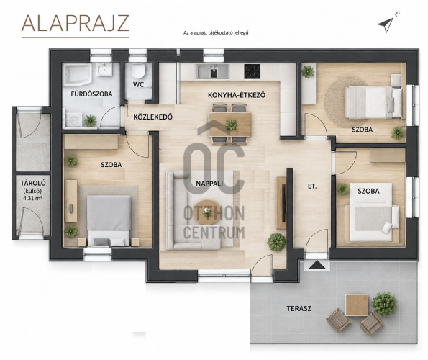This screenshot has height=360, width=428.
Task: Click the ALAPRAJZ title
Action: coord(75,23)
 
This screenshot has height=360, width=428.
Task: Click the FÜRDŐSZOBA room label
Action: coord(91,94)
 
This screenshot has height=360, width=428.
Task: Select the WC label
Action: coord(138,85)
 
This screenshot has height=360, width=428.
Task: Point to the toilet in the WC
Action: coord(138,71)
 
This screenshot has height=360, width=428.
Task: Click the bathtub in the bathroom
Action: coord(77,73)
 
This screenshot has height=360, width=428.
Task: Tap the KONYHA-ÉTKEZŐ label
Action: coord(237,95)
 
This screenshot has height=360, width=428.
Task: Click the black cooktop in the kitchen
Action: coord(252,71)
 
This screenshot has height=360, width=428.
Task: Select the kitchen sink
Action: coord(213,71)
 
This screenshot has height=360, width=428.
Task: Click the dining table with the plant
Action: coord(230,125)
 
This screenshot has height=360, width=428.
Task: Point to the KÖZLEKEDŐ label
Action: coord(152,117)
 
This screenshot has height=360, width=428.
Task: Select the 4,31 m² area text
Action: coord(33,199)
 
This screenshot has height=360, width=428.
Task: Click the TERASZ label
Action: coord(299,309)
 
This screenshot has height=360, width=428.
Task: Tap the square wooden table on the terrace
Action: coord(357,305)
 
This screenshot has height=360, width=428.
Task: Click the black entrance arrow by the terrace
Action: coord(317,265)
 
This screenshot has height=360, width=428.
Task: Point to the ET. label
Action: coord(312,186)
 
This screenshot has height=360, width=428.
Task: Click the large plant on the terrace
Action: coord(385,304)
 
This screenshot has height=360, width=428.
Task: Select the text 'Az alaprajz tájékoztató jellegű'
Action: coord(216,33)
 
